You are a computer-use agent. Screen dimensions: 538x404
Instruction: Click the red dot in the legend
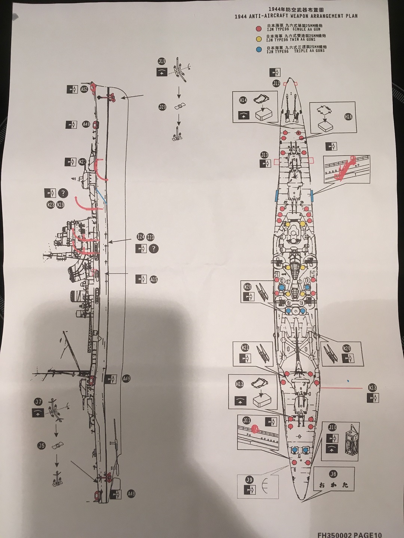click(258, 28)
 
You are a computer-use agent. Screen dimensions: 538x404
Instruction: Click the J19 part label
click(162, 62)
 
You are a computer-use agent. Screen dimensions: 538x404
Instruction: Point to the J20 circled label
click(162, 107)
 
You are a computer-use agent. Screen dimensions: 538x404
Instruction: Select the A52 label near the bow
click(84, 89)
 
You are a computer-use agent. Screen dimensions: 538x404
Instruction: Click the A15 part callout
click(154, 279)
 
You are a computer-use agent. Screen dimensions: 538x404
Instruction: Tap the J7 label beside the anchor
click(38, 402)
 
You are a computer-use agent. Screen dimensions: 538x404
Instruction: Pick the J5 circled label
click(42, 445)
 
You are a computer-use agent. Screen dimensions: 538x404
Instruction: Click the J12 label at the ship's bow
click(276, 83)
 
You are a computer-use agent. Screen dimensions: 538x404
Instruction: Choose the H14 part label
click(243, 100)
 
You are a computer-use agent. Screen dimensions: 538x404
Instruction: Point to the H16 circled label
click(348, 117)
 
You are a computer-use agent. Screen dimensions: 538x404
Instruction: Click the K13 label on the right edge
click(373, 388)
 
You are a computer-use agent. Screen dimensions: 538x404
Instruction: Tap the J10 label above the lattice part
click(332, 427)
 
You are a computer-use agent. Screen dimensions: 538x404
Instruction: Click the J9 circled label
click(249, 480)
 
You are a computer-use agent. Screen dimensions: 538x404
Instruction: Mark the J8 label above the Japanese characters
click(333, 474)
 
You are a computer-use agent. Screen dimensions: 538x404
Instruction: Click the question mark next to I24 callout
click(153, 249)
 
